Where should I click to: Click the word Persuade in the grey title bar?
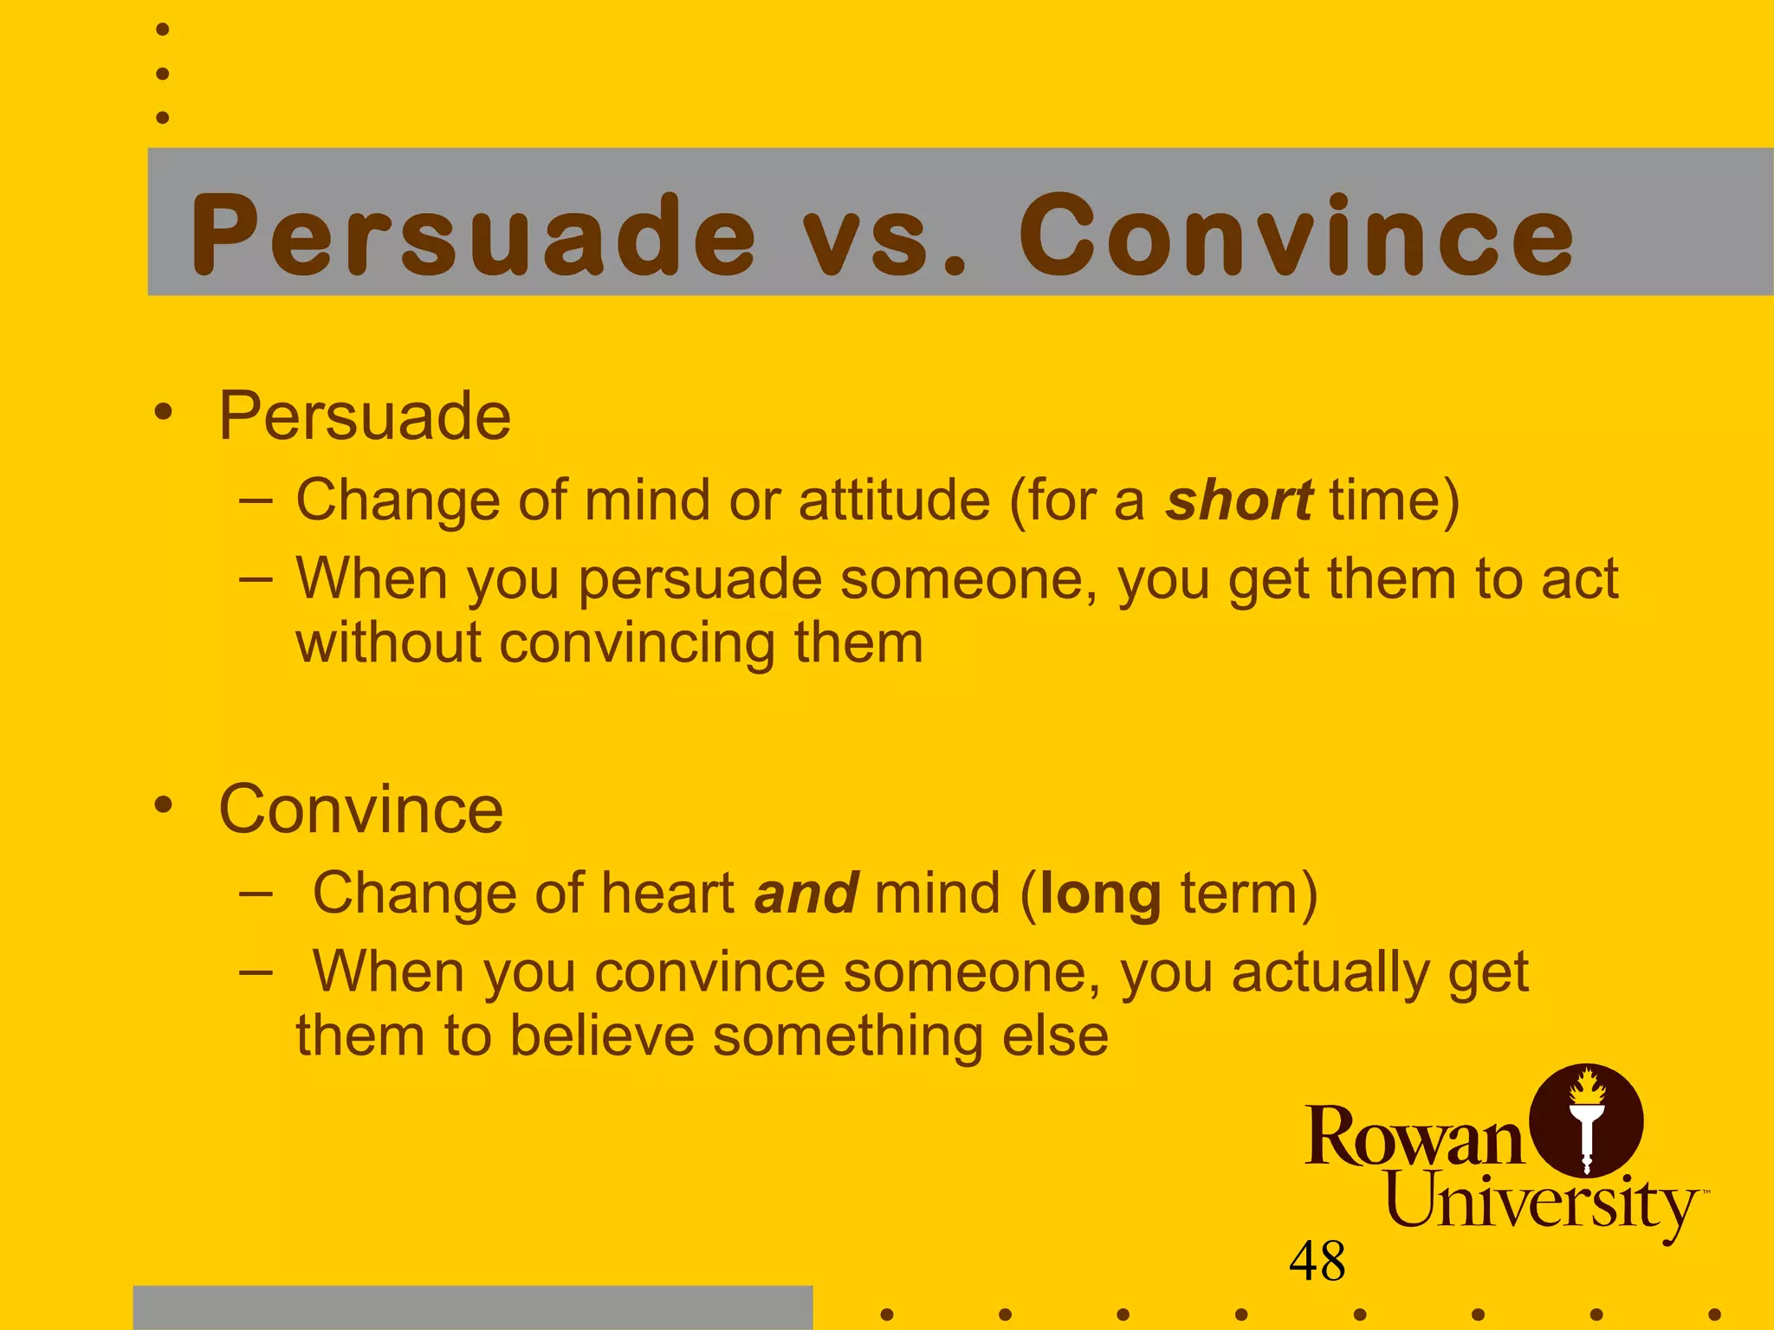(473, 236)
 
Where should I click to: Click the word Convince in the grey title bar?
(1296, 236)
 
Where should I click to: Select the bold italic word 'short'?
(1239, 500)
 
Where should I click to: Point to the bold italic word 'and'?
(806, 894)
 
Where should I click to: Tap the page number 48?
(1317, 1261)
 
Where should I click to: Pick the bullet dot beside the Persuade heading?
(163, 412)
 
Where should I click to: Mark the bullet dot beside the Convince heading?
(163, 805)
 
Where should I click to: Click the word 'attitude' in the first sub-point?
(894, 500)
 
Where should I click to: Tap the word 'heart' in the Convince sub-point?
(668, 894)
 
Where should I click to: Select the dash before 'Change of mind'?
(256, 500)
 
